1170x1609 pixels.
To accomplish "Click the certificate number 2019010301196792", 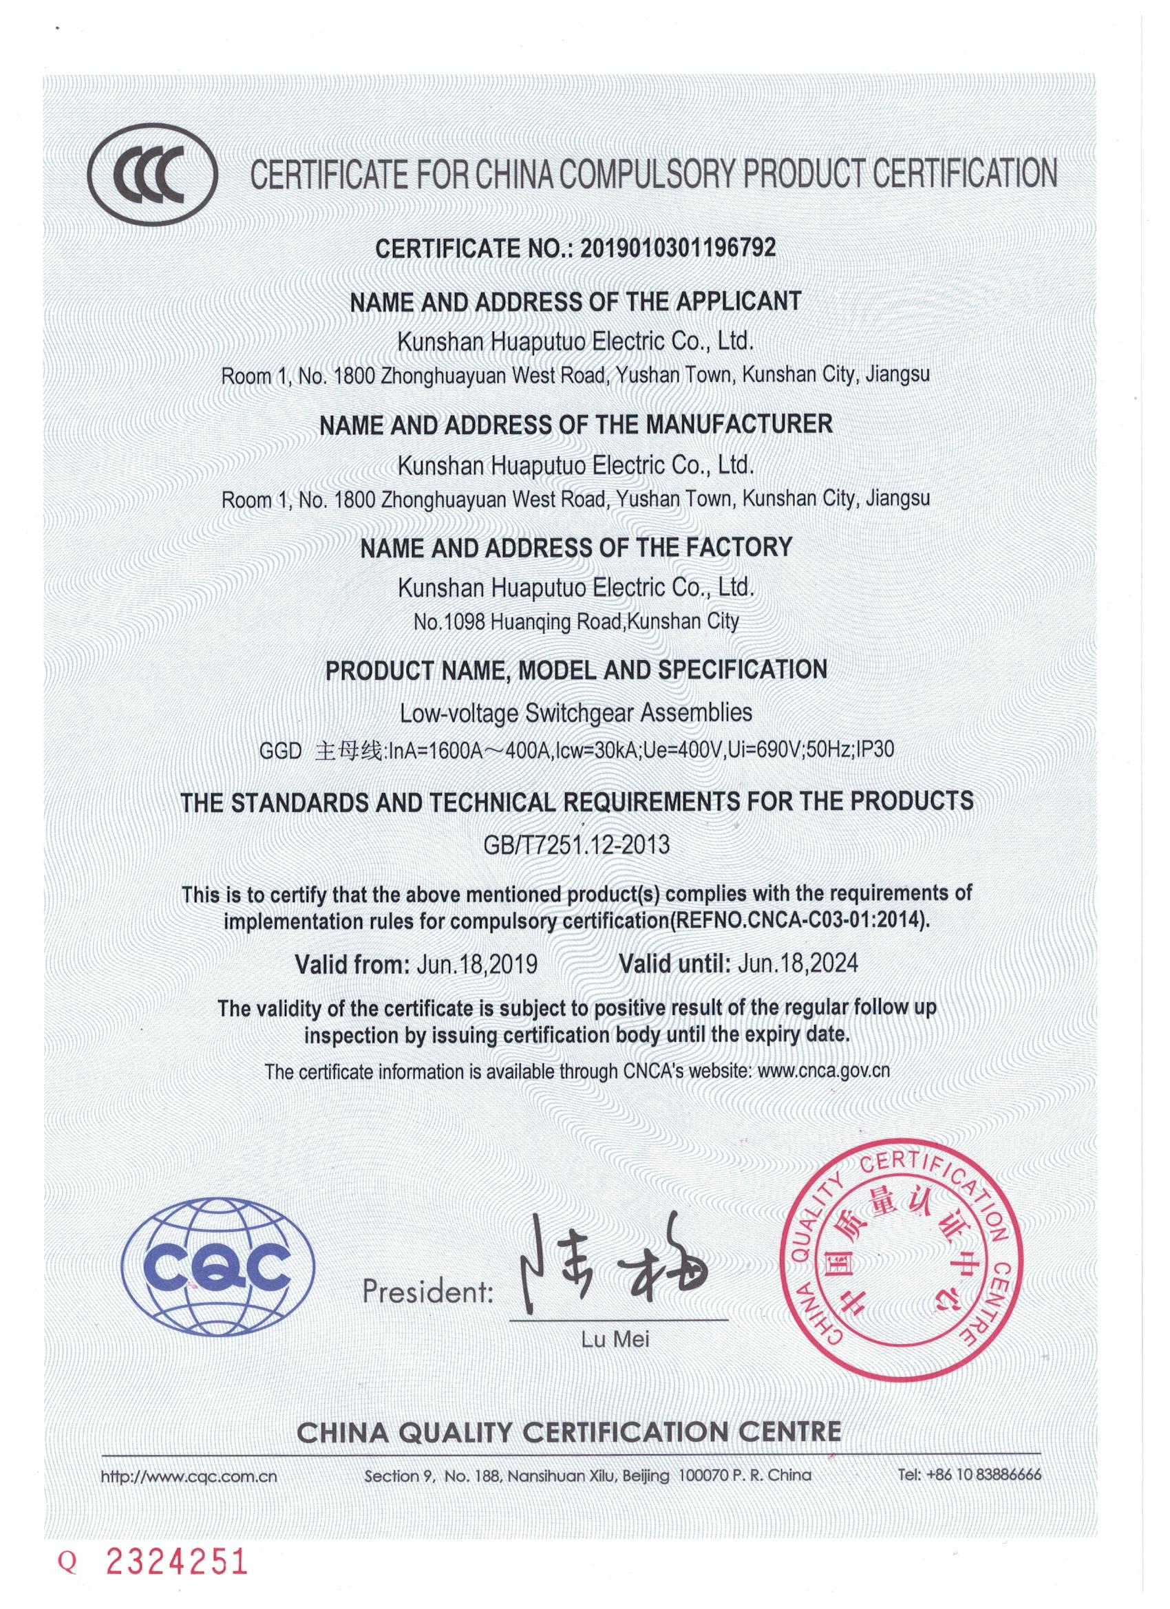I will (x=678, y=248).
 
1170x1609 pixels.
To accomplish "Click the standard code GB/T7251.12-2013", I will (x=575, y=844).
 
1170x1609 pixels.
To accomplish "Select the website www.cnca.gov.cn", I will (x=823, y=1071).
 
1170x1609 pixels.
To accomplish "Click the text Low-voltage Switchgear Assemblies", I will (x=575, y=712).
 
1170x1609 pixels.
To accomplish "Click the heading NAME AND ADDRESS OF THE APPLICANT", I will (x=575, y=301).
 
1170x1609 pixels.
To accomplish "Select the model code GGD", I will (x=280, y=751).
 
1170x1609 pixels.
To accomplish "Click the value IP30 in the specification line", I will (x=875, y=749).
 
